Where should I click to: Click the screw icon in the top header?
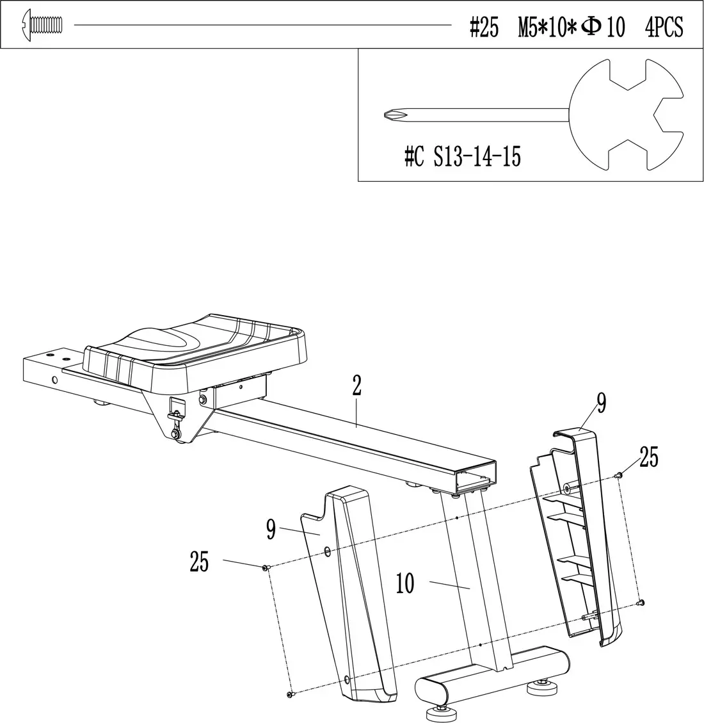click(43, 25)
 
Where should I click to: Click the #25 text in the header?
click(483, 28)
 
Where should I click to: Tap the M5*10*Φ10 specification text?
click(572, 28)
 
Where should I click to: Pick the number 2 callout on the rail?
click(356, 386)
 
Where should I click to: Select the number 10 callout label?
click(405, 584)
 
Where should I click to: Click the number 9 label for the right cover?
click(601, 402)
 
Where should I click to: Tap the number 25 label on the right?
click(648, 459)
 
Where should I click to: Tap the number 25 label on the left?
click(200, 562)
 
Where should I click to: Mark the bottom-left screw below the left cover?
click(290, 694)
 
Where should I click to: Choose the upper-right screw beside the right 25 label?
click(619, 475)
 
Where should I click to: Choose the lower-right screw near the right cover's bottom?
click(642, 603)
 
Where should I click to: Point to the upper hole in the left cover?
click(328, 550)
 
